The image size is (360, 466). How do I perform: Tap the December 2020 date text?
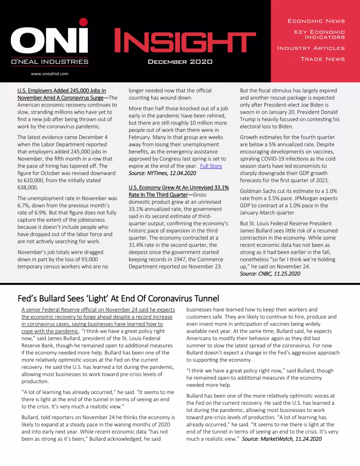[x=176, y=62]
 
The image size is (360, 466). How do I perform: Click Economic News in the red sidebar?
[x=316, y=21]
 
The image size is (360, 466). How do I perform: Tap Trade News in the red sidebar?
[x=322, y=59]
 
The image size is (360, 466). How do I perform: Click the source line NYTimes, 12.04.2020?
[x=163, y=175]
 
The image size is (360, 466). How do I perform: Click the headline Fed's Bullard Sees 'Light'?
[x=118, y=298]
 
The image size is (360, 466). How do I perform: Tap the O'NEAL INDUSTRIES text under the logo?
[x=49, y=62]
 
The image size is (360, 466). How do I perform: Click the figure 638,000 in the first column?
[x=28, y=188]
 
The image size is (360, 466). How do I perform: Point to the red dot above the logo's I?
[x=83, y=23]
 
